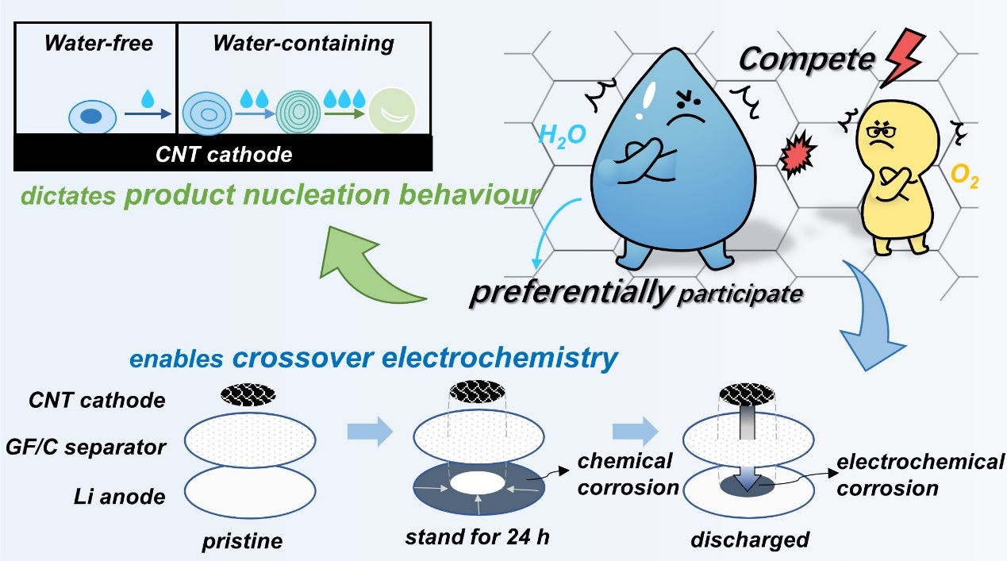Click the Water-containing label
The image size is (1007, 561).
pos(303,43)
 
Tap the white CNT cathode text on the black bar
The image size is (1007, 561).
pos(224,153)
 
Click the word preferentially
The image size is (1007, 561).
pos(570,293)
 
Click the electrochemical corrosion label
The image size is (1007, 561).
pos(919,475)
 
